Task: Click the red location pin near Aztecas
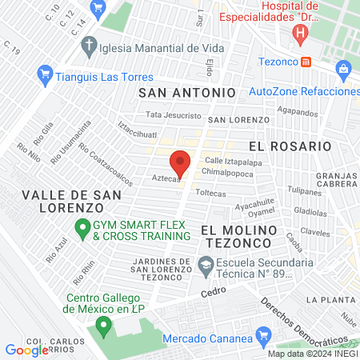pyautogui.click(x=181, y=162)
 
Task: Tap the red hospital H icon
pyautogui.click(x=300, y=34)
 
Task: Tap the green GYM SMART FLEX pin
pyautogui.click(x=82, y=230)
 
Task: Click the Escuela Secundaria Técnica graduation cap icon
pyautogui.click(x=206, y=265)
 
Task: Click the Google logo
pyautogui.click(x=26, y=350)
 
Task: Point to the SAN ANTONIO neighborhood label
pyautogui.click(x=188, y=93)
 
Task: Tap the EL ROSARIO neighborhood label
pyautogui.click(x=290, y=146)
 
